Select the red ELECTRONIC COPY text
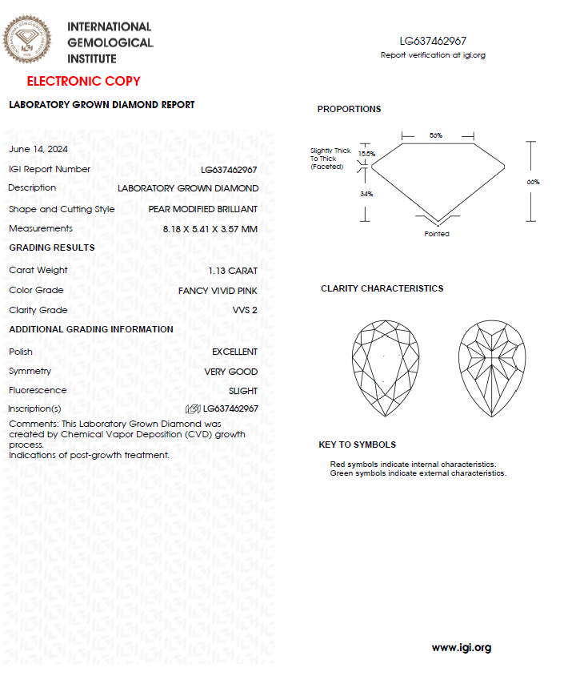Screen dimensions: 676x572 [x=83, y=81]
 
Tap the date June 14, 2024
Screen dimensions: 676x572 [x=38, y=149]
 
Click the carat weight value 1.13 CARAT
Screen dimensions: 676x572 [x=233, y=271]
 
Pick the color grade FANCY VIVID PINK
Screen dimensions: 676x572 [x=218, y=291]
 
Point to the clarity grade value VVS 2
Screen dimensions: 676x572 [x=245, y=311]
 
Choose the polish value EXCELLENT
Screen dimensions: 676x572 [x=234, y=352]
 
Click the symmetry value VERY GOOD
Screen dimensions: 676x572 [x=230, y=372]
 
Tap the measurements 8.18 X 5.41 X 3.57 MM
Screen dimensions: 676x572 [x=210, y=229]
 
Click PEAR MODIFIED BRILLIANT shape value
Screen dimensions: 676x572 [x=202, y=209]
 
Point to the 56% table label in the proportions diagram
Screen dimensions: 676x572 [x=435, y=136]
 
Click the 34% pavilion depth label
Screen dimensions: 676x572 [x=366, y=194]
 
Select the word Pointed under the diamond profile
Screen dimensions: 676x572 [x=437, y=234]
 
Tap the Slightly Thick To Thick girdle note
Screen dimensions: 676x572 [x=330, y=159]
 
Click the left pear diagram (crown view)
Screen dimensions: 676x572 [x=386, y=368]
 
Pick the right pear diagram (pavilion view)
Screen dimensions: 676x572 [x=491, y=368]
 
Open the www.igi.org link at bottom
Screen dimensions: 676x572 [x=461, y=647]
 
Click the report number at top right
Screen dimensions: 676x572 [x=433, y=41]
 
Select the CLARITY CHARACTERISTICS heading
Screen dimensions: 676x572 [x=382, y=288]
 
